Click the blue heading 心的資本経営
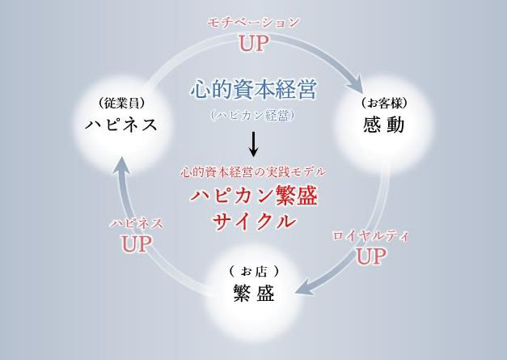(x=253, y=89)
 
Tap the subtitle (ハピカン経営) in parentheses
(x=252, y=116)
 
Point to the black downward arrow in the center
(x=254, y=144)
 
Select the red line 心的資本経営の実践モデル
(x=253, y=172)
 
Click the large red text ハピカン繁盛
(x=253, y=196)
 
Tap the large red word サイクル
(x=254, y=221)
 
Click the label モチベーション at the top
(x=253, y=23)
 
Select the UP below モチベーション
(x=254, y=44)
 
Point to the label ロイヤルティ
(x=371, y=235)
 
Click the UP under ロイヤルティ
(x=371, y=256)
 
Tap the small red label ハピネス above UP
(x=136, y=223)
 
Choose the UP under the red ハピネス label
(x=136, y=244)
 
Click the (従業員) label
(x=121, y=104)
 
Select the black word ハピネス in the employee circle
(x=121, y=125)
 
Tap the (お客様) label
(x=384, y=104)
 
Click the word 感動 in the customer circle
(x=384, y=125)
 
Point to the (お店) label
(x=254, y=272)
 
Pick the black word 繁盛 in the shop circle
(x=254, y=293)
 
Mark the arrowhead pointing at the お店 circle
(x=306, y=289)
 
